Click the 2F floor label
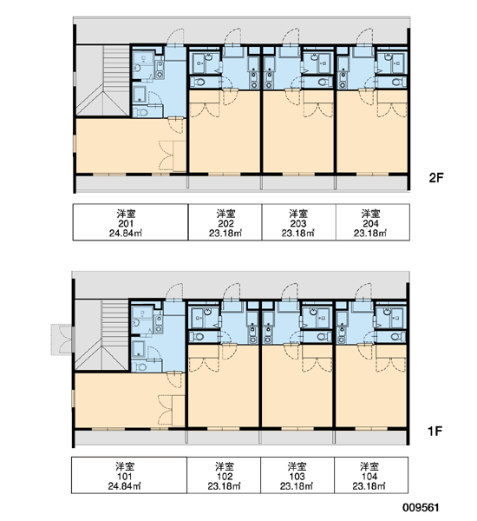pyautogui.click(x=436, y=178)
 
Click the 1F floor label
pyautogui.click(x=435, y=432)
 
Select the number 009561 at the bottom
pyautogui.click(x=421, y=508)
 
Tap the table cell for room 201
pyautogui.click(x=130, y=222)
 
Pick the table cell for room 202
pyautogui.click(x=225, y=222)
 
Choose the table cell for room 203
pyautogui.click(x=298, y=222)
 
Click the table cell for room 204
pyautogui.click(x=372, y=222)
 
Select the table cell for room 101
pyautogui.click(x=129, y=475)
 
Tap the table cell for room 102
pyautogui.click(x=224, y=475)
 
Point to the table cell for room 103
pyautogui.click(x=297, y=475)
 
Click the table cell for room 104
pyautogui.click(x=371, y=475)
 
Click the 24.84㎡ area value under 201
pyautogui.click(x=126, y=234)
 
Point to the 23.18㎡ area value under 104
pyautogui.click(x=369, y=486)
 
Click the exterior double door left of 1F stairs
pyautogui.click(x=62, y=340)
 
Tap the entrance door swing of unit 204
pyautogui.click(x=365, y=36)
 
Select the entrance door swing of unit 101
pyautogui.click(x=174, y=291)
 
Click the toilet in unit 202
pyautogui.click(x=199, y=82)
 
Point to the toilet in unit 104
pyautogui.click(x=395, y=337)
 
